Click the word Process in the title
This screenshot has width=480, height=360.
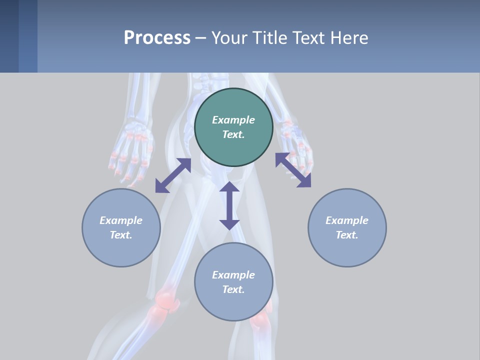pos(157,38)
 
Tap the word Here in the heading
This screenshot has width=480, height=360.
pos(350,38)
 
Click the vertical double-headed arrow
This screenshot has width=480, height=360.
pos(229,205)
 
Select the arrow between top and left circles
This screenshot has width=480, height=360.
pos(173,175)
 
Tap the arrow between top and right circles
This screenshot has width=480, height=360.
pos(293,170)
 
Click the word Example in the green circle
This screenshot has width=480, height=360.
pos(233,120)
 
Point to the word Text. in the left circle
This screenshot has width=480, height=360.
pos(121,235)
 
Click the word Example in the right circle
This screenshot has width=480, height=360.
pos(347,220)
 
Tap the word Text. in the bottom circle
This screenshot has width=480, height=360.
pos(233,289)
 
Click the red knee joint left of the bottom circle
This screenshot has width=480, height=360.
pos(166,302)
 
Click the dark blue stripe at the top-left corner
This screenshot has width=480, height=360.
pos(9,36)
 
